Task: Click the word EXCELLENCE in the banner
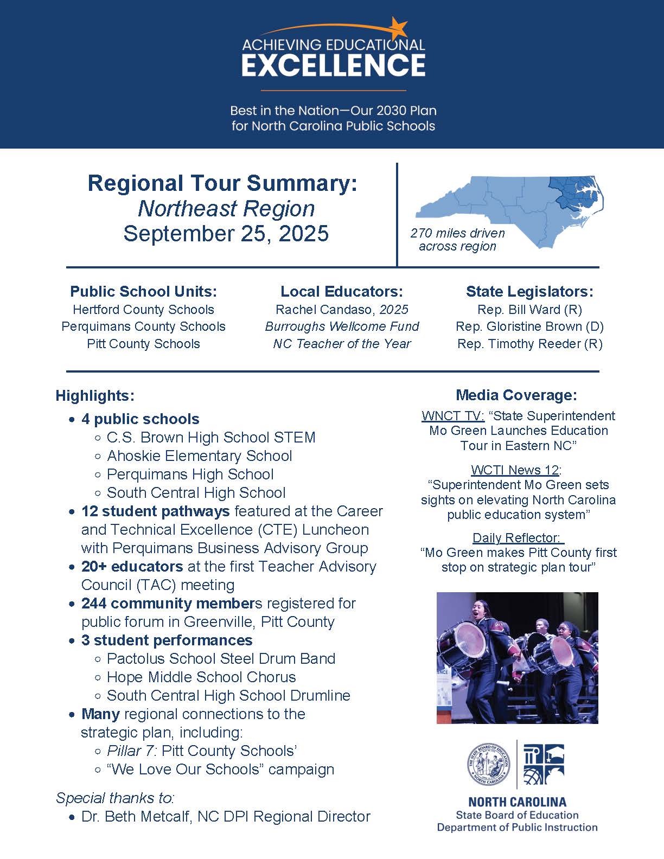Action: (x=333, y=66)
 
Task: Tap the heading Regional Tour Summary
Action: (x=222, y=183)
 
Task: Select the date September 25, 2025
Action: (x=226, y=234)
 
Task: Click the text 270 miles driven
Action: (x=457, y=233)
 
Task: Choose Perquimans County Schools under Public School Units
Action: (x=143, y=326)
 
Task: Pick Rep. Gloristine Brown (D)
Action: (x=529, y=326)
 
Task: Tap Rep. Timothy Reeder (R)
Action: (x=529, y=344)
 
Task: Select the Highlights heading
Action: (x=95, y=396)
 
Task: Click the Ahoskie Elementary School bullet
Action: (x=199, y=456)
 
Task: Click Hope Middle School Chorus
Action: (x=201, y=677)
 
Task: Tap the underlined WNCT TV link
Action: (x=452, y=416)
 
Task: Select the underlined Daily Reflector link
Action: (x=517, y=538)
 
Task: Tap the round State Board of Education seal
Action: (x=489, y=765)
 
